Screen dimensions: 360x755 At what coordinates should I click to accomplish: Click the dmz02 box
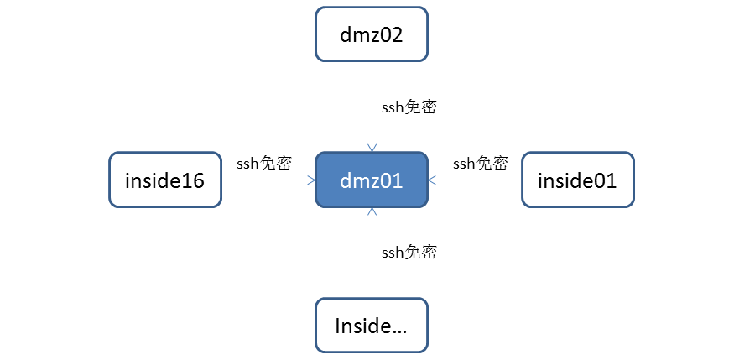click(x=372, y=34)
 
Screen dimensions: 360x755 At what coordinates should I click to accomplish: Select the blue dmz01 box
click(x=372, y=180)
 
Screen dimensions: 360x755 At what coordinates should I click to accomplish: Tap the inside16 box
click(x=164, y=180)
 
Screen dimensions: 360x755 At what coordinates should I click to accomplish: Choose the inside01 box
click(x=578, y=180)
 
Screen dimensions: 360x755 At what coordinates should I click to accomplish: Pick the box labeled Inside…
click(x=372, y=325)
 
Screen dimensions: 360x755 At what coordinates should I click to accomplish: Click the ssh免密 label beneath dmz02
click(x=409, y=107)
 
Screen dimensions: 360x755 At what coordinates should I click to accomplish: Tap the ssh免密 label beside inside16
click(x=263, y=164)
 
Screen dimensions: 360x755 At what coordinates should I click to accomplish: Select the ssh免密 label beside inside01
click(x=480, y=164)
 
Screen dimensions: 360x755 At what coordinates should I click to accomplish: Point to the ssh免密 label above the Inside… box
click(x=409, y=252)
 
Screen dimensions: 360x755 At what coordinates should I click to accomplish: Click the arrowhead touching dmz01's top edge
click(x=372, y=147)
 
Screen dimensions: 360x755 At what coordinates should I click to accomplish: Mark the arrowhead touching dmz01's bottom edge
click(x=372, y=212)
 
